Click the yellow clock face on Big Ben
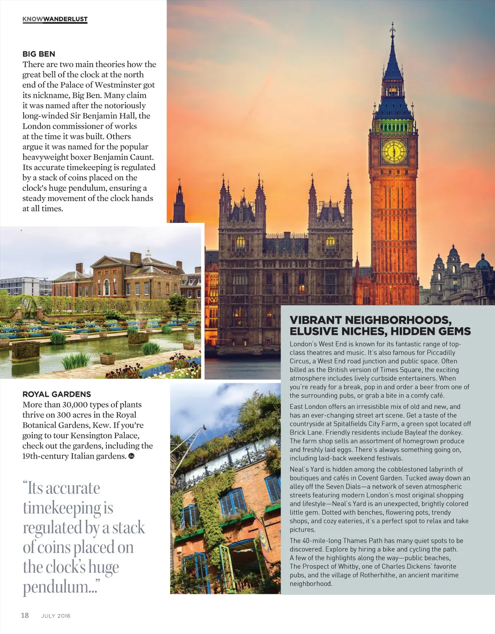(x=394, y=151)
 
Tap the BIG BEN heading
(x=39, y=54)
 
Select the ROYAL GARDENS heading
(x=57, y=394)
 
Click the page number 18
(x=25, y=615)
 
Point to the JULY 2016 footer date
(x=56, y=616)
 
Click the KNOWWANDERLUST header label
(x=55, y=19)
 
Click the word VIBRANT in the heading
(x=316, y=320)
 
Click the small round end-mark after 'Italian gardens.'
(x=131, y=456)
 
